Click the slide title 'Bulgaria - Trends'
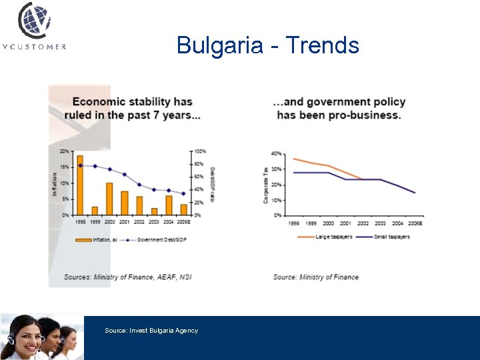coord(267,45)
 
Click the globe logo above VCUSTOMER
coord(34,20)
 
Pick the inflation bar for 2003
coord(154,211)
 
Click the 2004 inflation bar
coord(169,205)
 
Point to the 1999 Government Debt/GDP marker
coord(95,166)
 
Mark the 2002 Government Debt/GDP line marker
coord(139,185)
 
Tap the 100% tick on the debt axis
coord(200,151)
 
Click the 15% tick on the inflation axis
coord(65,167)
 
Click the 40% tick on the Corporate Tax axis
coord(276,153)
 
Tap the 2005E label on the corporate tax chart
coord(415,223)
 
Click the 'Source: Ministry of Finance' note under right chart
coord(315,277)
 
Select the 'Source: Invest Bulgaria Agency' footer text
coord(151,331)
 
